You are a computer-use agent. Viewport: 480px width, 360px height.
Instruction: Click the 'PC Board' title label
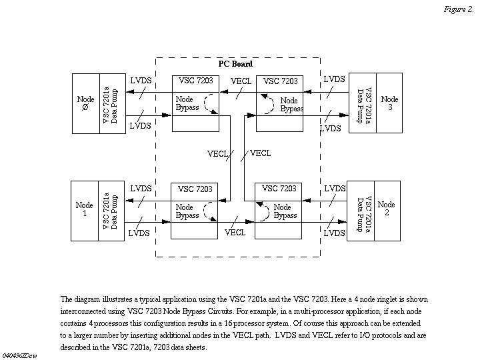(235, 64)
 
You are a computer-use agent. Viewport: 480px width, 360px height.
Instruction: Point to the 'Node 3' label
(389, 103)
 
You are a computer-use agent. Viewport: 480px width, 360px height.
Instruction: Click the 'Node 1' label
(85, 209)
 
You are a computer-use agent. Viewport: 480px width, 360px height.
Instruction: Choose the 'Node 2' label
(386, 209)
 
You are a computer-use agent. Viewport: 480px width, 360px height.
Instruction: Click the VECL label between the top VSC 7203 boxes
(241, 81)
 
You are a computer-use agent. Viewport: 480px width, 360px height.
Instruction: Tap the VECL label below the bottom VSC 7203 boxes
(235, 233)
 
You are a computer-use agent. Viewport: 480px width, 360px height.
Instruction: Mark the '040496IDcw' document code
(21, 351)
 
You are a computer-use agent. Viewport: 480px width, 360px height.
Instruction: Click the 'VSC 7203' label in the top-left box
(195, 81)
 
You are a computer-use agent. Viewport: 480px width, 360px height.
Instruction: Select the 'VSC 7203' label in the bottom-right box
(279, 189)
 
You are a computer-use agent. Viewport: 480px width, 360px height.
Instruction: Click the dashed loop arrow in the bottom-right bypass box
(263, 211)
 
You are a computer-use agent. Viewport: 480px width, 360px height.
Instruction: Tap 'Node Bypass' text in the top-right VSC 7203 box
(291, 105)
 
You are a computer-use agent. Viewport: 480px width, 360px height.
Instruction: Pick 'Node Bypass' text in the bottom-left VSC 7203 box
(187, 211)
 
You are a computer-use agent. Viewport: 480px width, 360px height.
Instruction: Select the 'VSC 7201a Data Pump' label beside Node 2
(363, 209)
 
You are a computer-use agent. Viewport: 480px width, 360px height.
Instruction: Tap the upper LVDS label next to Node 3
(334, 79)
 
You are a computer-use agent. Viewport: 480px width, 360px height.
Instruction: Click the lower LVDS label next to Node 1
(139, 233)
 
